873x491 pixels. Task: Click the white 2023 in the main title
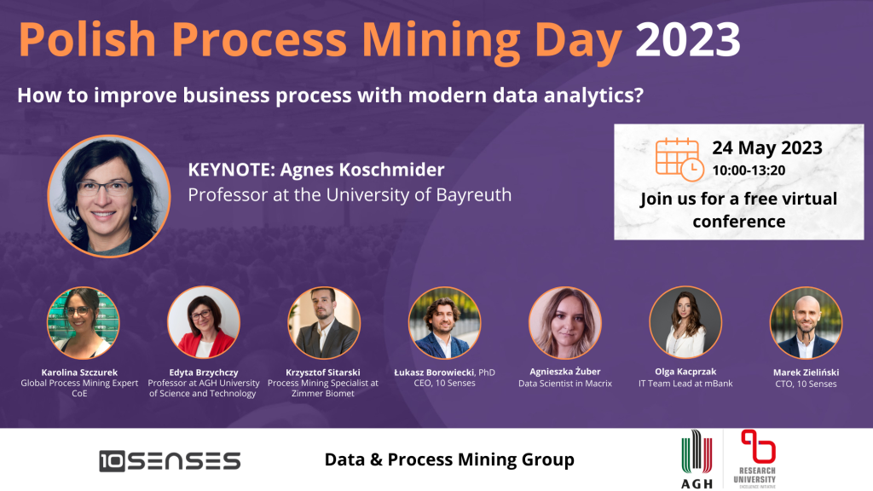pos(688,39)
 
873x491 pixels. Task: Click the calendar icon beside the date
pos(679,159)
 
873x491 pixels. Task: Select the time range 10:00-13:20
pos(749,170)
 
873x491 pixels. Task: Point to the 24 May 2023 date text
pos(767,147)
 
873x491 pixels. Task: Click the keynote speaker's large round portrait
pos(109,196)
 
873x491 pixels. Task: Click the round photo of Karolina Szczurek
pos(83,323)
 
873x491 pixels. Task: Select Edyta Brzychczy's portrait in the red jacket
pos(204,323)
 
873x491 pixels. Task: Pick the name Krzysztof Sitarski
pos(323,373)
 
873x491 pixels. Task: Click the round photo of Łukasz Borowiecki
pos(444,323)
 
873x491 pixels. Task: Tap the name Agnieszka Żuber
pos(565,372)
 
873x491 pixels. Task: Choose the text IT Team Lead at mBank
pos(685,384)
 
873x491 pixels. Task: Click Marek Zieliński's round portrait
pos(806,323)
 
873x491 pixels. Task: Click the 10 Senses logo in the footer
pos(170,461)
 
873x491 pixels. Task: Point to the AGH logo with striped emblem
pos(697,459)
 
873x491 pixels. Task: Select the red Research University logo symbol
pos(758,446)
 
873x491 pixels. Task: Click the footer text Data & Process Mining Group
pos(449,459)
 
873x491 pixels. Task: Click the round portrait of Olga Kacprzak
pos(685,323)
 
